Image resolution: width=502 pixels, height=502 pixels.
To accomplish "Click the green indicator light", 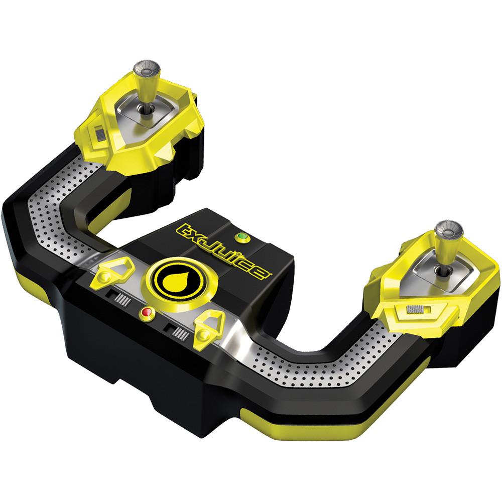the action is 242,237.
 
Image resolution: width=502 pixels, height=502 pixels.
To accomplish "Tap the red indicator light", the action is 147,312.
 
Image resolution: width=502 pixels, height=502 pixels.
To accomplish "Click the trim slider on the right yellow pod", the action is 415,310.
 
